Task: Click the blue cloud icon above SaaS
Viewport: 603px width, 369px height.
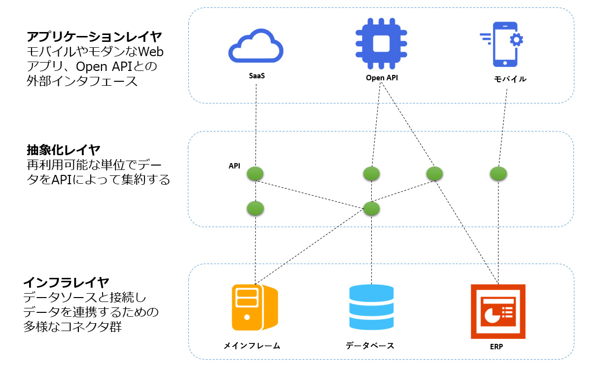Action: pyautogui.click(x=256, y=48)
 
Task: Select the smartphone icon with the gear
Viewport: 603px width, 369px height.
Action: pyautogui.click(x=503, y=44)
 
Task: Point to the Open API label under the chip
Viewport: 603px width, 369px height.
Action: pyautogui.click(x=382, y=77)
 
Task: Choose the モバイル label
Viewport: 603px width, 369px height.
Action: pyautogui.click(x=510, y=79)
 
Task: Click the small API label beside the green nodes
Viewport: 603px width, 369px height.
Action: pyautogui.click(x=234, y=166)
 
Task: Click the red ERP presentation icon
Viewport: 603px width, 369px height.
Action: pyautogui.click(x=498, y=311)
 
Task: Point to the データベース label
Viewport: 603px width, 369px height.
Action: pyautogui.click(x=370, y=345)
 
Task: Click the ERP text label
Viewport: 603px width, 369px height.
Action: pyautogui.click(x=497, y=346)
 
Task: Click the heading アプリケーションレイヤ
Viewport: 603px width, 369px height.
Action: pyautogui.click(x=95, y=37)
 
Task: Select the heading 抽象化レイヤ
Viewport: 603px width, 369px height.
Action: pyautogui.click(x=64, y=149)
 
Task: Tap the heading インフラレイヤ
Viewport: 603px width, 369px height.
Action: pyautogui.click(x=67, y=282)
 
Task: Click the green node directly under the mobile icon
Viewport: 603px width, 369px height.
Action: pyautogui.click(x=499, y=173)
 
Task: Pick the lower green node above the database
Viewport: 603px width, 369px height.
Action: pyautogui.click(x=371, y=208)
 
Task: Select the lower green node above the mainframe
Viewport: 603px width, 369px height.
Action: pyautogui.click(x=255, y=208)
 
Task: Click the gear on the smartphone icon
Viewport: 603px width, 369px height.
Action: pyautogui.click(x=516, y=39)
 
